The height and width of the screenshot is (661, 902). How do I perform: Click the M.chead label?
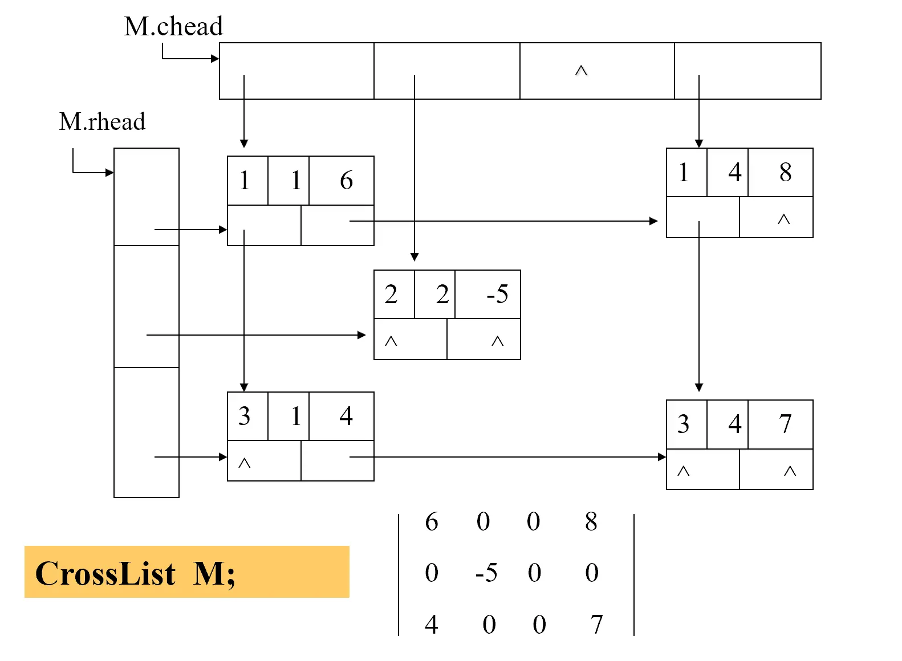click(x=173, y=26)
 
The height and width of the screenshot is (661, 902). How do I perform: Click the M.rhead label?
click(x=103, y=121)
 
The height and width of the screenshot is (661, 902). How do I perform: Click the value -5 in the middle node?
click(x=497, y=294)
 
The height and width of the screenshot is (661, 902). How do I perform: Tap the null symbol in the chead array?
click(x=581, y=71)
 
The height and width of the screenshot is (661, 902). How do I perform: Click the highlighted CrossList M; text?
click(x=135, y=573)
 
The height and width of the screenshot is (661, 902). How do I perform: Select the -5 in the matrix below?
click(x=486, y=573)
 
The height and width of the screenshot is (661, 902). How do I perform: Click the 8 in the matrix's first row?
click(x=591, y=521)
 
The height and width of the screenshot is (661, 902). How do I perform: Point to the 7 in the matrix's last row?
click(x=596, y=625)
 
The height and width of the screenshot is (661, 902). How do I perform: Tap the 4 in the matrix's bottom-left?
click(x=432, y=625)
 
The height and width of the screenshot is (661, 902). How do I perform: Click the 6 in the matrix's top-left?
click(x=432, y=521)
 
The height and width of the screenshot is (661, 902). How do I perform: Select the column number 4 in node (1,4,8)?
click(x=734, y=172)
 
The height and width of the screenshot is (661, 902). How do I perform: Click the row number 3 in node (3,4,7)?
click(x=683, y=424)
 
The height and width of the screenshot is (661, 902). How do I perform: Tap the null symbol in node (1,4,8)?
click(x=784, y=219)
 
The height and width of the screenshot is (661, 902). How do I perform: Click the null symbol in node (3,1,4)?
click(x=244, y=463)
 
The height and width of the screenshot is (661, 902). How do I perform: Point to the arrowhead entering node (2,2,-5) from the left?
click(x=361, y=335)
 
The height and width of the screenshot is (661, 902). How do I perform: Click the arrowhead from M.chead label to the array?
click(x=215, y=59)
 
